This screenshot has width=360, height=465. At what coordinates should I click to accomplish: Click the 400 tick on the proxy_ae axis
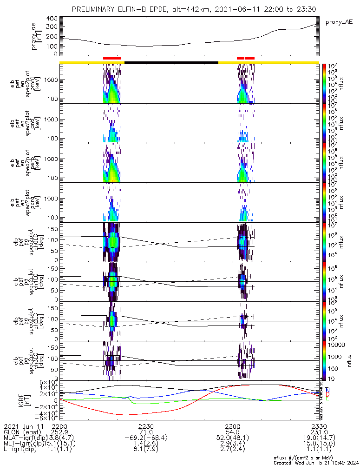[x=52, y=19]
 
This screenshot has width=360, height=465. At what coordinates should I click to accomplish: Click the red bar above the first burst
[x=112, y=58]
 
